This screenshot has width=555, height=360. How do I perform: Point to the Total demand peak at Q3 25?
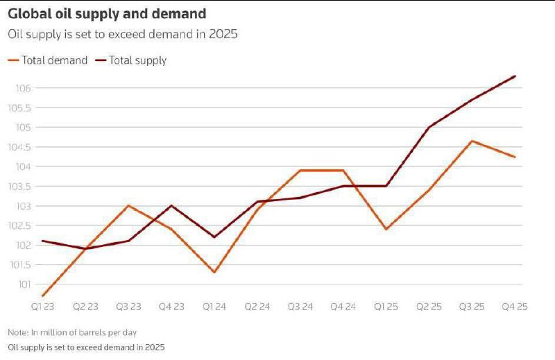coord(472,141)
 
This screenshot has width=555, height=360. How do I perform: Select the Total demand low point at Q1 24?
coord(214,272)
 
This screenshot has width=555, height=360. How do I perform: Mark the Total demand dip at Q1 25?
coord(386,229)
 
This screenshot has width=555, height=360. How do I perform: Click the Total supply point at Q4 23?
coord(171,205)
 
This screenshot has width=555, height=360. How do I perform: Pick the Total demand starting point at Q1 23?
coord(43,295)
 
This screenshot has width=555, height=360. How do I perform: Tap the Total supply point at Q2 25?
coord(429,127)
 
